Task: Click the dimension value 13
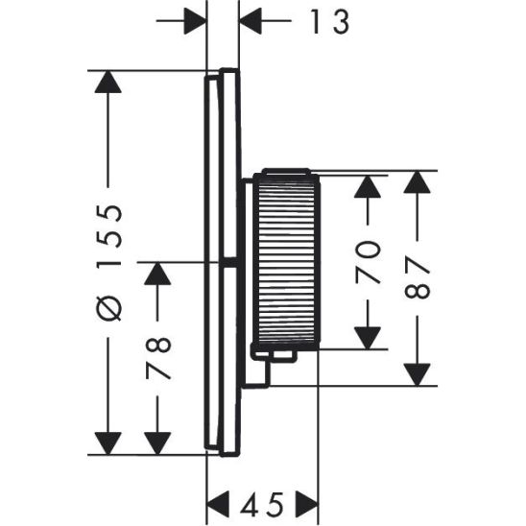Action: coord(327,21)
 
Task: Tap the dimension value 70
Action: coord(369,262)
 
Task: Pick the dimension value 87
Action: coord(418,279)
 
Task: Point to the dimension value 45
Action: coord(263,502)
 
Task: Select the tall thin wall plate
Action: coord(218,261)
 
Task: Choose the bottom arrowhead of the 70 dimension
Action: coord(369,337)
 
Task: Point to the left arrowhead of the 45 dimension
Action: coord(221,502)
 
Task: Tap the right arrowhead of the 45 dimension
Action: coord(306,502)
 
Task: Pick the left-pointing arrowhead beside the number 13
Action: coord(252,20)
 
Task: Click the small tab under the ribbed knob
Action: coord(279,356)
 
